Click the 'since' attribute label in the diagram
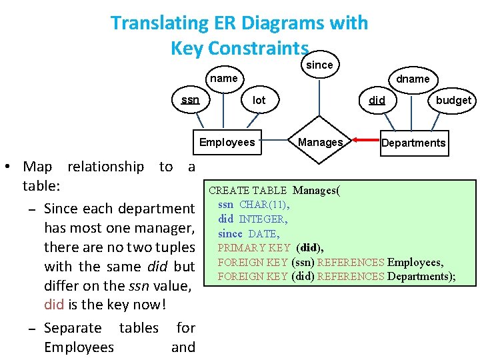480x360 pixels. (x=319, y=65)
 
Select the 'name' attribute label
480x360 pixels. (x=223, y=78)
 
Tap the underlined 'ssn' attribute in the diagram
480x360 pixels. (x=190, y=100)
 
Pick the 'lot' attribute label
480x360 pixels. (x=259, y=100)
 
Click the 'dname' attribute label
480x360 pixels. (x=413, y=79)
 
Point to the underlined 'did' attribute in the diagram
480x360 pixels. (x=377, y=101)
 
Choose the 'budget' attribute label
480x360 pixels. (x=453, y=100)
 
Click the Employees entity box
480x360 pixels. (x=227, y=142)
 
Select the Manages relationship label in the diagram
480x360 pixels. (x=320, y=142)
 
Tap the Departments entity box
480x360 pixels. (x=413, y=143)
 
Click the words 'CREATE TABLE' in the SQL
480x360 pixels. (x=247, y=191)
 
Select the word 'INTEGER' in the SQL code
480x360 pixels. (x=263, y=219)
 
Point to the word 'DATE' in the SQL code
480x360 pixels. (x=263, y=233)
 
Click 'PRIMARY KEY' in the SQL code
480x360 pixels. (x=253, y=248)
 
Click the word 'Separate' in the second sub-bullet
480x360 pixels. (x=73, y=328)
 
